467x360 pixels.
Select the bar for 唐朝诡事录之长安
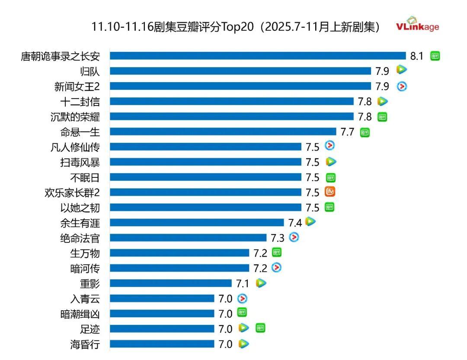(x=258, y=56)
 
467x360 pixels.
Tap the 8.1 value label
(x=417, y=56)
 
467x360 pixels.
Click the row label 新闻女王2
(x=77, y=86)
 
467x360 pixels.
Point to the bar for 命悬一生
(x=223, y=132)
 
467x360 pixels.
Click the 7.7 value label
(x=348, y=132)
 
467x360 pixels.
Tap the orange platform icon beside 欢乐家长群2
(x=330, y=192)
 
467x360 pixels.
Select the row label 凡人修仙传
(x=75, y=147)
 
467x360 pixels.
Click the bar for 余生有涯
(x=197, y=222)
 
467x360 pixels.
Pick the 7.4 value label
(x=295, y=223)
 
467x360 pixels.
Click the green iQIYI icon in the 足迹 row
(x=260, y=328)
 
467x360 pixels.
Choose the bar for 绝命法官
(x=188, y=238)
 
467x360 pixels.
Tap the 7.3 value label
(x=278, y=238)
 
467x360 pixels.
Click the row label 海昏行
(x=85, y=344)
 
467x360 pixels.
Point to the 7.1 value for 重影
(x=243, y=284)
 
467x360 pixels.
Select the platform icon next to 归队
(x=402, y=69)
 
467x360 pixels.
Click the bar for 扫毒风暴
(x=205, y=162)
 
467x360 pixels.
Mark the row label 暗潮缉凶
(x=80, y=314)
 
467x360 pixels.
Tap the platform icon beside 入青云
(x=243, y=298)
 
